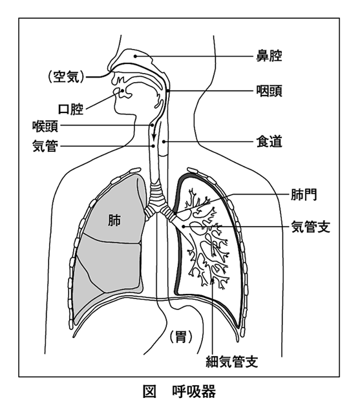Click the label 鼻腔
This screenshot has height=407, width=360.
pos(269,56)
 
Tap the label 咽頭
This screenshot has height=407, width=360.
pos(269,91)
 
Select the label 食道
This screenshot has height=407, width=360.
pos(269,141)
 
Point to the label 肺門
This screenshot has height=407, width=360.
pos(304,194)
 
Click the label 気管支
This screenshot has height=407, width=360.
pos(310,227)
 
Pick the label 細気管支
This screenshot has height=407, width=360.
pos(231,361)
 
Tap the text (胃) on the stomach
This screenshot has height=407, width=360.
pos(181,337)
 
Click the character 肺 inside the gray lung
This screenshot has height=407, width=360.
pos(114,220)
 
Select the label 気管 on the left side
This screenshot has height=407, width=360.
pos(45,146)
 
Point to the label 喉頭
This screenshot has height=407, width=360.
pos(45,126)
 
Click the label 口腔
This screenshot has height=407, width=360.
pos(70,109)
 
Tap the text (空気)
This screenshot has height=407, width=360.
pos(66,77)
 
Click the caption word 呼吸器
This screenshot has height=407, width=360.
pos(194,391)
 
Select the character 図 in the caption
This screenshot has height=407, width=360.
pos(149,391)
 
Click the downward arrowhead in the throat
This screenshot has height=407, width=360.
pos(154,137)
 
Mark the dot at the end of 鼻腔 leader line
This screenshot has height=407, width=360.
pos(135,56)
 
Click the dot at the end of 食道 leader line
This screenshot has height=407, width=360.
pos(164,141)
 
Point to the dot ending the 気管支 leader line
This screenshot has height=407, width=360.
pos(183,227)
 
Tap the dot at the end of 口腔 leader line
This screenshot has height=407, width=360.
pos(122,91)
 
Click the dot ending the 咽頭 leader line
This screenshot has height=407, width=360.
pos(168,91)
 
